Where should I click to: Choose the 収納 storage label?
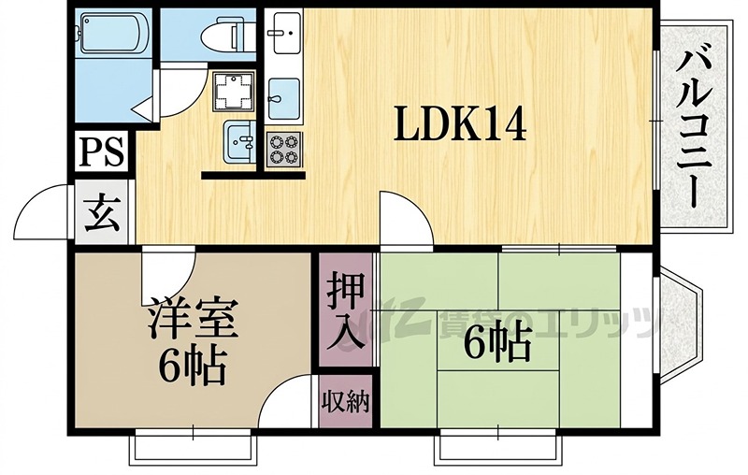347,401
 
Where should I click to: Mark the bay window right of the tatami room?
681,318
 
